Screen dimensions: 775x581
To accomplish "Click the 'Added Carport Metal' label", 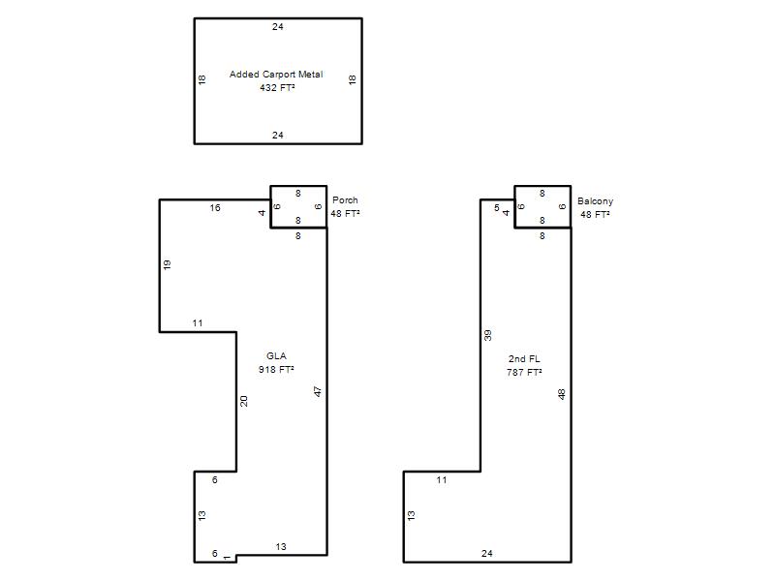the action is point(276,75).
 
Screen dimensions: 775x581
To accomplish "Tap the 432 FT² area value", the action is point(277,87).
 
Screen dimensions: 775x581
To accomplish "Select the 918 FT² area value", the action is point(276,369).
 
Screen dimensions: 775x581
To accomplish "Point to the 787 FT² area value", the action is point(524,372).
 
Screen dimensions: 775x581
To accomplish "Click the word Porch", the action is point(345,200).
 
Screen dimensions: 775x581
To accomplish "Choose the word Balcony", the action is point(595,201).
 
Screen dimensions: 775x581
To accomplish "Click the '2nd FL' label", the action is point(524,358).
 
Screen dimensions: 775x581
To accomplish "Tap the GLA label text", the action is point(276,355).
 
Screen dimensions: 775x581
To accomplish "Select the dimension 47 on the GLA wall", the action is point(318,391).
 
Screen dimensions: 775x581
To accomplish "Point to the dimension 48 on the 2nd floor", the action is point(562,394).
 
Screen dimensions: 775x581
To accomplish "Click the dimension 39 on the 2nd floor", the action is point(488,335).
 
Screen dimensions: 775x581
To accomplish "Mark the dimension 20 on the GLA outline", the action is point(244,401).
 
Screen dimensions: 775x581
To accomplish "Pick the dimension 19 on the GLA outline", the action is point(167,264).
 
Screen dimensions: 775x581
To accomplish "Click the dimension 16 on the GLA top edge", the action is point(215,208).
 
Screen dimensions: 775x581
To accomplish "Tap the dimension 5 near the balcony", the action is point(497,208).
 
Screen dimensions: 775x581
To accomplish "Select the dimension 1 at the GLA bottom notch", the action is point(227,558).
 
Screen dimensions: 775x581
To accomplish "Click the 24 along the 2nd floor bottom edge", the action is point(487,553).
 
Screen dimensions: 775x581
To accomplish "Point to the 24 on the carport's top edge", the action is point(278,27).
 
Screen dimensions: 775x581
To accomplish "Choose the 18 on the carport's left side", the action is point(201,79).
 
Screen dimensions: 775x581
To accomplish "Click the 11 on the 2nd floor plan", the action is point(442,479).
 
